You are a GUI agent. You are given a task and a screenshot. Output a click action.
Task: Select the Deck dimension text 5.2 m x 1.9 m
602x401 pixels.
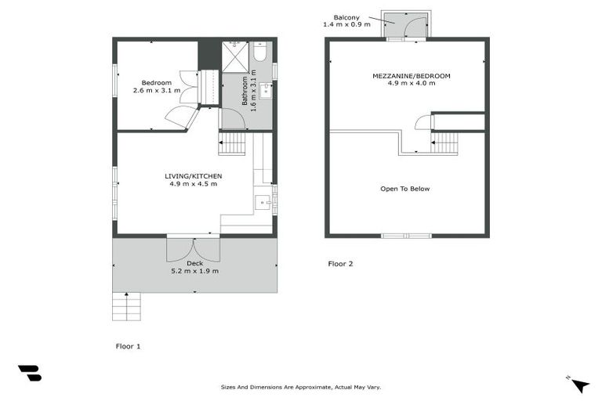point(194,271)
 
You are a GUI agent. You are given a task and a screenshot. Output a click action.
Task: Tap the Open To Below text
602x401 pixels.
point(404,189)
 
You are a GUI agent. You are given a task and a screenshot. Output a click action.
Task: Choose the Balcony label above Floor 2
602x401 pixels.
point(346,16)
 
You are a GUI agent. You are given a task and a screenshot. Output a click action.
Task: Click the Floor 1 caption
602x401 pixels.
point(128,345)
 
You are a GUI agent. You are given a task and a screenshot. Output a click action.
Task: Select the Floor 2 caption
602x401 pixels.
point(340,264)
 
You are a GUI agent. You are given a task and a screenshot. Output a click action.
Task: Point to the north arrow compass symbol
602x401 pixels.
point(578,384)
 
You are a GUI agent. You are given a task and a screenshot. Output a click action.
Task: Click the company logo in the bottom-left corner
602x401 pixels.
point(30,374)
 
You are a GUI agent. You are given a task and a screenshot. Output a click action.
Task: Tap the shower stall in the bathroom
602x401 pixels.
point(234,57)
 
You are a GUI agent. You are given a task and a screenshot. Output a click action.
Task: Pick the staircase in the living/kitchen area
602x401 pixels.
point(232,143)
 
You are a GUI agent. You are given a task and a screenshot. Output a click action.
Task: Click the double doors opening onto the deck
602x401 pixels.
point(193,249)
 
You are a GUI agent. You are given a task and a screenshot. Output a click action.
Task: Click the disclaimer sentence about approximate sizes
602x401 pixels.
point(300,387)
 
